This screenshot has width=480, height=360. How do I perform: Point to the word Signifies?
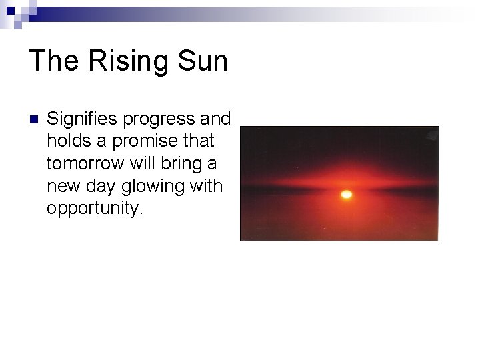pos(82,119)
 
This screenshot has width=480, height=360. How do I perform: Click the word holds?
pos(66,141)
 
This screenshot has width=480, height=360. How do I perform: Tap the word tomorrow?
pos(85,163)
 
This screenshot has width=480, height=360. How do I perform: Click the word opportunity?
pos(95,209)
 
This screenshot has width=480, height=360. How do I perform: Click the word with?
pos(205,185)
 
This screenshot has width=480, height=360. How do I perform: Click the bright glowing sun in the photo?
pos(346,195)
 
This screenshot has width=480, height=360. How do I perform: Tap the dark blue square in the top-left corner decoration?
pos(11,10)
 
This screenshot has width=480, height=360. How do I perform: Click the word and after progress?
pos(215,119)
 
